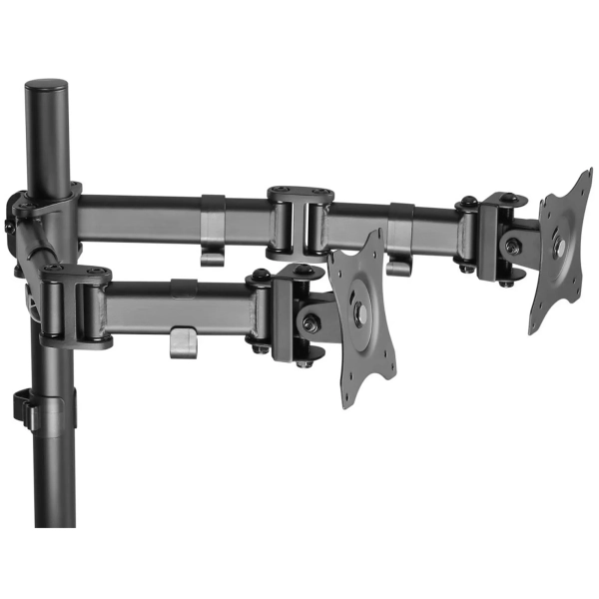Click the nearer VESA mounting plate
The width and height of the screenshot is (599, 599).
(361, 318)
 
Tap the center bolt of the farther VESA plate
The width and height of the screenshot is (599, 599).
(561, 246)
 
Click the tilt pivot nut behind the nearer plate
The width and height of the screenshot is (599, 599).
(310, 322)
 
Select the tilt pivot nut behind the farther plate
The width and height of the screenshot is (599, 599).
(512, 245)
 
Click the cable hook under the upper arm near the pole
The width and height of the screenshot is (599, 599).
(213, 245)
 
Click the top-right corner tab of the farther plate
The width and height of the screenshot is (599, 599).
(584, 181)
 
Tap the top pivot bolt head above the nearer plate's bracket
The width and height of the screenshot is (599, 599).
(262, 274)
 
